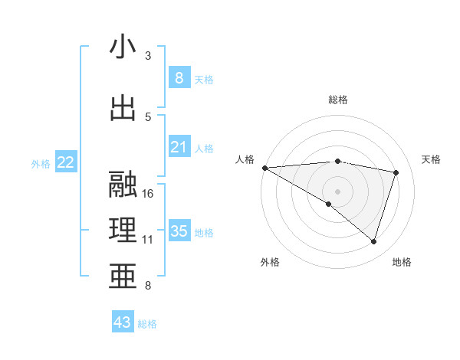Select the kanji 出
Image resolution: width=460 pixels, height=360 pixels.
(x=123, y=107)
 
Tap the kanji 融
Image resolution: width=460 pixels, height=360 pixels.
(x=123, y=185)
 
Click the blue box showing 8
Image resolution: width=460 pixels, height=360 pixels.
(x=179, y=77)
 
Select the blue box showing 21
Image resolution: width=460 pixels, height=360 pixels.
(x=179, y=147)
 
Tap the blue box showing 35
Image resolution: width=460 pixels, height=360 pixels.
(x=179, y=231)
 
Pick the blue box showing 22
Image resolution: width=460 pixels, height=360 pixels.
(x=66, y=162)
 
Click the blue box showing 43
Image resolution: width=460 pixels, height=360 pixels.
(x=123, y=322)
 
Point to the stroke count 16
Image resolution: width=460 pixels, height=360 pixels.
(x=149, y=194)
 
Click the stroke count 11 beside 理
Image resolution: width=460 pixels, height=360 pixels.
(x=148, y=240)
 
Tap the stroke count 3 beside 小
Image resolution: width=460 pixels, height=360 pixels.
(x=148, y=55)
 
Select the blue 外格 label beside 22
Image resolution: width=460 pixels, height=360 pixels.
(x=41, y=163)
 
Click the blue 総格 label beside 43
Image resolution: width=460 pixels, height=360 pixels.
(x=147, y=324)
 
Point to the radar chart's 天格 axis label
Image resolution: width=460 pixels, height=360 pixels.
(x=432, y=159)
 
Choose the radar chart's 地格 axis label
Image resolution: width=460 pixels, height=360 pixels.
(x=402, y=262)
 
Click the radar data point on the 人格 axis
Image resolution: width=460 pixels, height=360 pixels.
(x=264, y=167)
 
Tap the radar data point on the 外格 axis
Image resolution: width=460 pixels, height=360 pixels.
(x=329, y=204)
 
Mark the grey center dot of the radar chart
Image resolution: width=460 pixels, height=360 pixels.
(x=337, y=190)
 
